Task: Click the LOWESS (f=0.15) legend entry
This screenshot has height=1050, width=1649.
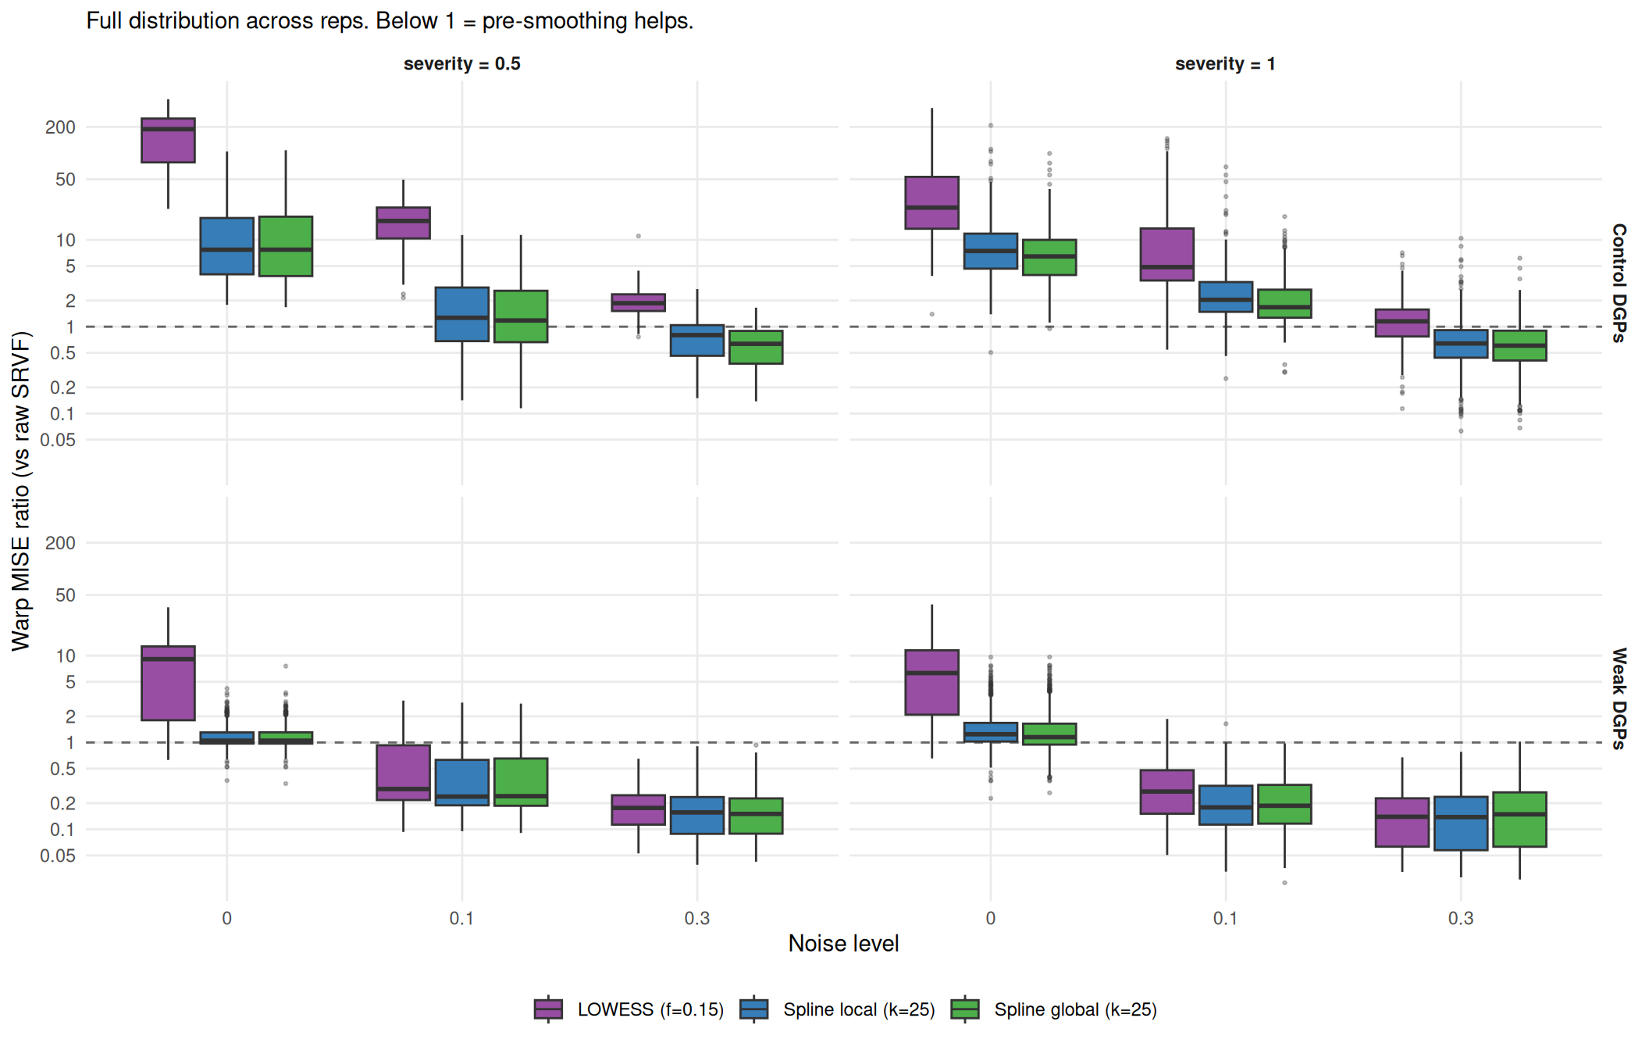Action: (629, 1009)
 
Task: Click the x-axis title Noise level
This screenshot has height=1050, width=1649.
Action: (843, 944)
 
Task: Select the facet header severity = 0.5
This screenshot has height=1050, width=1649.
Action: (461, 64)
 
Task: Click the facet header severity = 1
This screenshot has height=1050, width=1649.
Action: (1225, 64)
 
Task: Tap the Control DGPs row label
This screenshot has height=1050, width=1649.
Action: (1619, 283)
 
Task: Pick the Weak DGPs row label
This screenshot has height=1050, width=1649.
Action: (1619, 698)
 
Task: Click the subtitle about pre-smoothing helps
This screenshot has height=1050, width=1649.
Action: (390, 21)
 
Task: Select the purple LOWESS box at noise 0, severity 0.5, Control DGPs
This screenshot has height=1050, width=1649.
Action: (168, 141)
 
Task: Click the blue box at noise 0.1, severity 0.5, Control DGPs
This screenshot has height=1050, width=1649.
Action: (461, 314)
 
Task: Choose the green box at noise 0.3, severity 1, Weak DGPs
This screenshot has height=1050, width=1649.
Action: (1519, 820)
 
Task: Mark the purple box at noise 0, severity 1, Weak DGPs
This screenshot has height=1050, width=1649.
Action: (931, 682)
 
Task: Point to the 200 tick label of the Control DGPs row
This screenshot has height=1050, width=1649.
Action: (60, 127)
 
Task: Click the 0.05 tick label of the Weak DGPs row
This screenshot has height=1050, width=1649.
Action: (59, 856)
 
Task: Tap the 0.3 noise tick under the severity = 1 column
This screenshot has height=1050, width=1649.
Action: (1460, 919)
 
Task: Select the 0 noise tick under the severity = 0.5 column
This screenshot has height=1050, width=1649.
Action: (226, 919)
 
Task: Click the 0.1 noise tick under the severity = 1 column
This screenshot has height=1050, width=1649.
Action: (1225, 919)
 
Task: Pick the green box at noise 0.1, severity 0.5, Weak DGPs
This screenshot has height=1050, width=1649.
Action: (521, 782)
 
